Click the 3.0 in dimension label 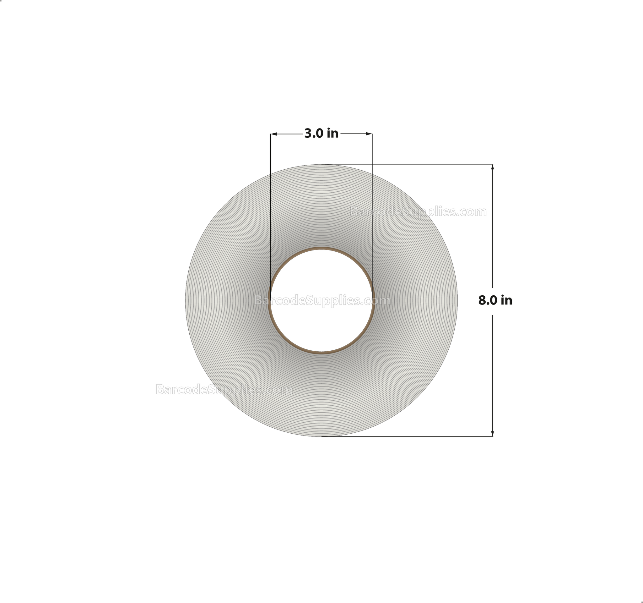pyautogui.click(x=321, y=133)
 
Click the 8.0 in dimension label pyautogui.click(x=495, y=300)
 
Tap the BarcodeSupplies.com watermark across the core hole pyautogui.click(x=322, y=301)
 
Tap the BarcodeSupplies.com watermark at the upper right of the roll pyautogui.click(x=418, y=212)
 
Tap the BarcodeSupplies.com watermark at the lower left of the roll pyautogui.click(x=224, y=389)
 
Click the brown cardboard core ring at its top pyautogui.click(x=321, y=249)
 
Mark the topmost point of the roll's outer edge pyautogui.click(x=321, y=165)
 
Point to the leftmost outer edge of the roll pyautogui.click(x=186, y=300)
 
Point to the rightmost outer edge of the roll pyautogui.click(x=457, y=300)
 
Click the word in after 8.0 pyautogui.click(x=506, y=300)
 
